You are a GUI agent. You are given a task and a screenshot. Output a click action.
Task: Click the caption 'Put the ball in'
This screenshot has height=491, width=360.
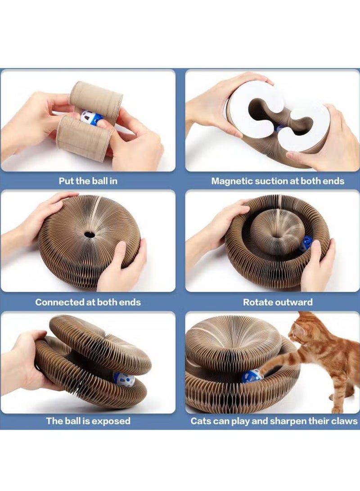point(88,181)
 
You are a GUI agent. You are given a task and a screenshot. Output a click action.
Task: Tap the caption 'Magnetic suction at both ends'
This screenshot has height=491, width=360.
point(278,181)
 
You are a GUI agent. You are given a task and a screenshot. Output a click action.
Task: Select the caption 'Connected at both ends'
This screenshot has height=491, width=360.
point(88,302)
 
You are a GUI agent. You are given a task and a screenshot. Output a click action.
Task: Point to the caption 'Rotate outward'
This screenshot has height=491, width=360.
point(278,302)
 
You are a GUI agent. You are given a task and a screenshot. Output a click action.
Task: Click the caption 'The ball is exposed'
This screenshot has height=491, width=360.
point(88,421)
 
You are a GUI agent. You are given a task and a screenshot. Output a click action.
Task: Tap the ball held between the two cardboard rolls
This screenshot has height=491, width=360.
point(91,118)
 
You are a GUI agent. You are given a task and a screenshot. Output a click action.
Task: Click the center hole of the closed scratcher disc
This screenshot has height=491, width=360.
point(90,234)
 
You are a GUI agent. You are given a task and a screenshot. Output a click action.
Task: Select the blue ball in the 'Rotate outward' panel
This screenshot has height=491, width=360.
point(306,244)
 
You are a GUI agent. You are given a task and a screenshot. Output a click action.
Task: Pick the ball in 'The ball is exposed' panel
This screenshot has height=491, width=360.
point(124,379)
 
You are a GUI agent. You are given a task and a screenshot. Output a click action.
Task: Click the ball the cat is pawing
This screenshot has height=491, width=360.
point(252,376)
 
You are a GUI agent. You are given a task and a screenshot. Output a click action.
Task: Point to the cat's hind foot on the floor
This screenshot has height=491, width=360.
point(337,410)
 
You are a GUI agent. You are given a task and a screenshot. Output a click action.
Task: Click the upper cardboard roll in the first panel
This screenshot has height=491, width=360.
point(96,98)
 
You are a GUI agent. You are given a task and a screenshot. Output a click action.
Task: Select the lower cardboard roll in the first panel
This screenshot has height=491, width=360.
point(85,138)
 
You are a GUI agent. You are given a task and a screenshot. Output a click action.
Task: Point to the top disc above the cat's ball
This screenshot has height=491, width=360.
point(233,341)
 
